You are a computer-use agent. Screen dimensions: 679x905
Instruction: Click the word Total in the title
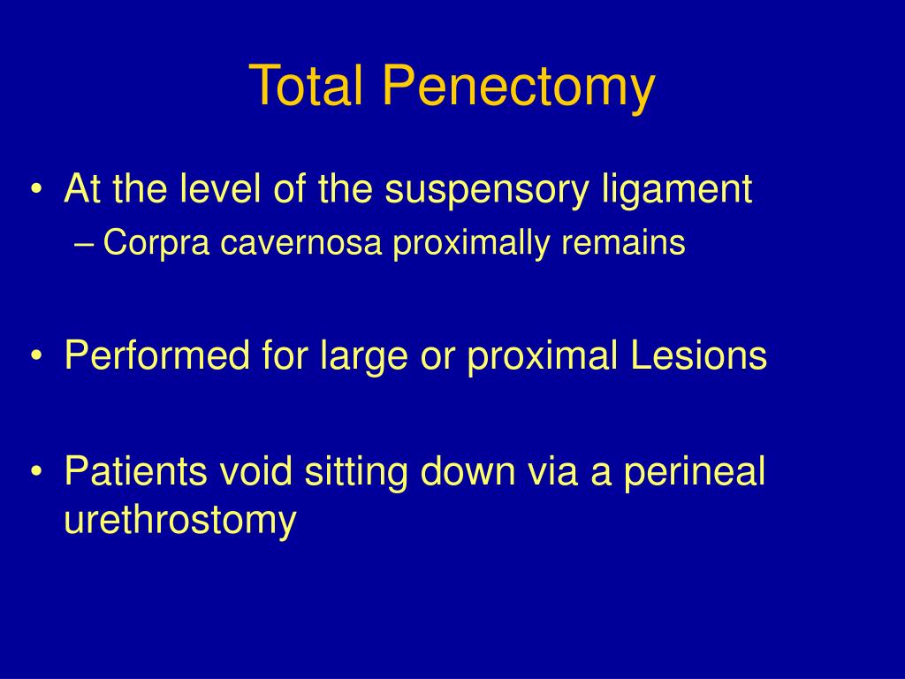[x=306, y=87]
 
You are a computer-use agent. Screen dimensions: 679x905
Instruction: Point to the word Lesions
[x=703, y=356]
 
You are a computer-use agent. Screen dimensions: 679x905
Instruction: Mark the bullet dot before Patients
[x=36, y=472]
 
